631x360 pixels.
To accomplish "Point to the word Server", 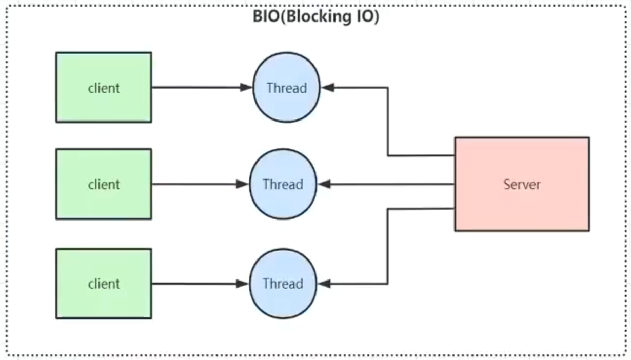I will [x=522, y=184].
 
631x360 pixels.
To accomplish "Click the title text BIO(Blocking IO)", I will [x=316, y=16].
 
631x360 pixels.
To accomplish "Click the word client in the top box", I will [x=104, y=88].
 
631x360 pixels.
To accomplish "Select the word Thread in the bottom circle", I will [x=283, y=284].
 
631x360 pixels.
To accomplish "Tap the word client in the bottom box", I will [x=104, y=284].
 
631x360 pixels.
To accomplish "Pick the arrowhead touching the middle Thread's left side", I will [x=243, y=184].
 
